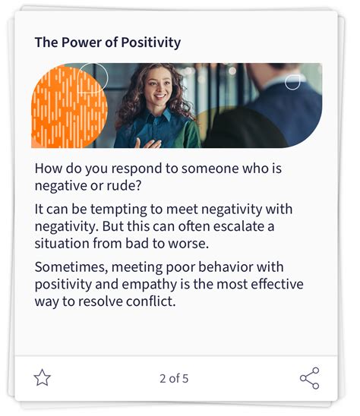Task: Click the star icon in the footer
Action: coord(43,377)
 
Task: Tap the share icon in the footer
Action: coord(309,377)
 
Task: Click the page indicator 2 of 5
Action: coord(174,378)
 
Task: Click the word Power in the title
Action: coord(80,43)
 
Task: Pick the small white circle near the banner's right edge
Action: coord(292,81)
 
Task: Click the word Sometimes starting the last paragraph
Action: coord(68,267)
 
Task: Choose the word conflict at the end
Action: coord(153,301)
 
